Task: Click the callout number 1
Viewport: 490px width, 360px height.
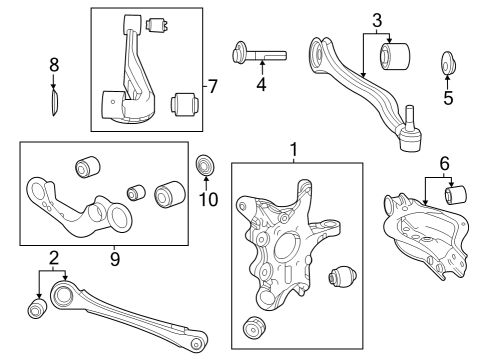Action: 294,150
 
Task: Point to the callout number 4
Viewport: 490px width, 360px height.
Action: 260,86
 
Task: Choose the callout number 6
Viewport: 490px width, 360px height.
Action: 444,161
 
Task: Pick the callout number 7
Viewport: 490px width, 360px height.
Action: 211,87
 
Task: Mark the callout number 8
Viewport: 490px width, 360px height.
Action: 54,65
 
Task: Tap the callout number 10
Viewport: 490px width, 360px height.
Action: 206,198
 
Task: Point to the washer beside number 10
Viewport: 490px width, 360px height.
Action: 206,163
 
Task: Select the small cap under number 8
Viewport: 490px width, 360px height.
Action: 56,101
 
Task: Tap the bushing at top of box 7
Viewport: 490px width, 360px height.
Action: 157,24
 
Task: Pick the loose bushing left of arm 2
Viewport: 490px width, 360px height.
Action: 37,311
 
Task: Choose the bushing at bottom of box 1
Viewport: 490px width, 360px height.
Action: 256,327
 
